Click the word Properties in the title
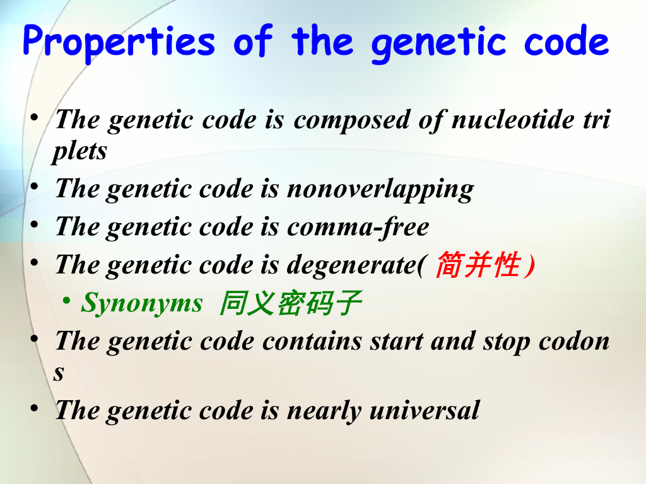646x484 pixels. click(x=119, y=42)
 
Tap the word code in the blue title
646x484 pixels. click(x=566, y=40)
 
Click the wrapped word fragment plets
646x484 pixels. click(x=80, y=151)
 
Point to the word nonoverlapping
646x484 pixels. click(x=380, y=190)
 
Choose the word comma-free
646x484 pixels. click(x=358, y=226)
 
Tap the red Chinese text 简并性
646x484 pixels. click(x=478, y=264)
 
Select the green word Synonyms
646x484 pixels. click(x=142, y=303)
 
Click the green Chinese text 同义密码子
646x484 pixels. click(x=290, y=303)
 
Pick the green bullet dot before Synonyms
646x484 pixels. click(x=66, y=301)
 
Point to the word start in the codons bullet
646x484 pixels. click(x=397, y=342)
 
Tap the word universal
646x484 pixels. click(x=425, y=410)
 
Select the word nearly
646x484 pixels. click(x=324, y=411)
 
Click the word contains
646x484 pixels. click(x=312, y=341)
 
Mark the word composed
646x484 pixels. click(x=352, y=120)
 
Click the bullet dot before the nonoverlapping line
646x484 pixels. click(x=35, y=187)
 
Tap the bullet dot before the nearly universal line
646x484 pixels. click(x=35, y=408)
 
